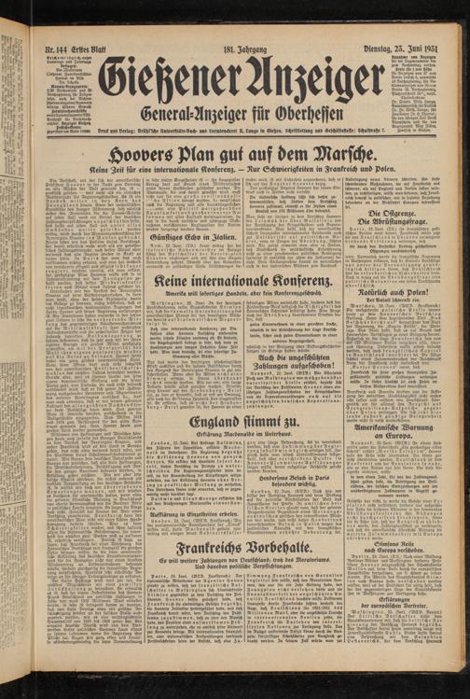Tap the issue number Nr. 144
pos(58,49)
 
